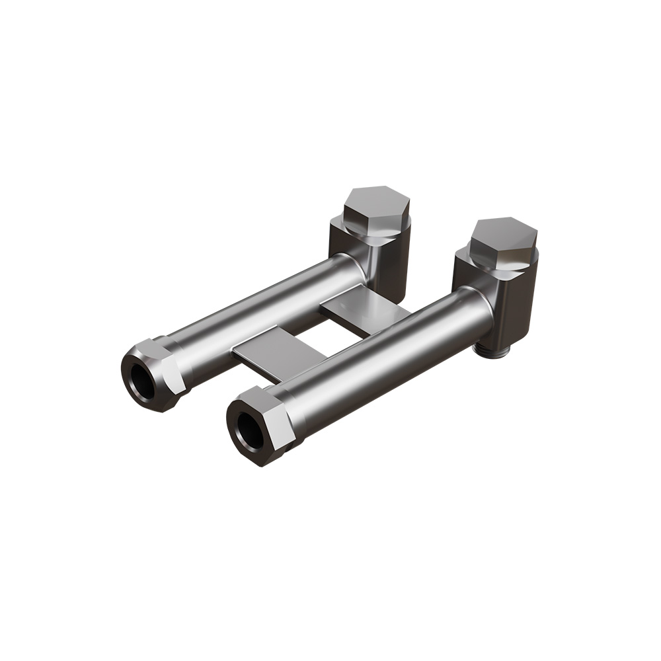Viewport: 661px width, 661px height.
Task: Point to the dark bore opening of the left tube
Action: [141, 381]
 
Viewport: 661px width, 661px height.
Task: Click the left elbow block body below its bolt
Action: [390, 264]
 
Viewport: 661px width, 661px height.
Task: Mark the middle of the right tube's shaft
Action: [383, 357]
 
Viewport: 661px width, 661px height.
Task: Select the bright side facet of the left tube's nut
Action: [175, 373]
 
